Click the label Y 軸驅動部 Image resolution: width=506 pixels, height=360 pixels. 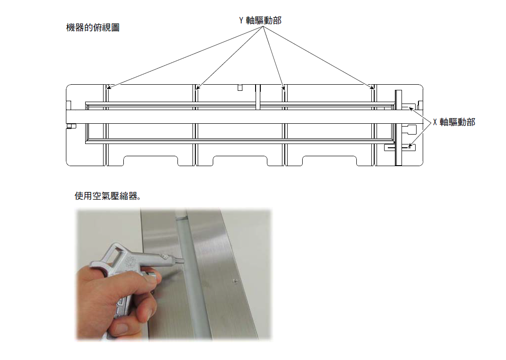tap(260, 20)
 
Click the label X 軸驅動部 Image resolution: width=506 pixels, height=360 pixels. tap(454, 122)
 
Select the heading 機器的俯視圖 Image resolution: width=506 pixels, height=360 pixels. tap(93, 27)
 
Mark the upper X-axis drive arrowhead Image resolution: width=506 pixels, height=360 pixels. tap(410, 109)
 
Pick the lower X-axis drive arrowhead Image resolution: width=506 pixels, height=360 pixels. tap(410, 146)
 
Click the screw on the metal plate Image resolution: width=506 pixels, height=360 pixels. tap(235, 281)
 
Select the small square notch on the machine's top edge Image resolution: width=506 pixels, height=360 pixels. tap(240, 88)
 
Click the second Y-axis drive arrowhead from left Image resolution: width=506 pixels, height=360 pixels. tap(198, 87)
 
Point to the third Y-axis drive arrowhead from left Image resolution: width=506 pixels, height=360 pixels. tap(283, 88)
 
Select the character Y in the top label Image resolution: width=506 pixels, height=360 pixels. tap(241, 20)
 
